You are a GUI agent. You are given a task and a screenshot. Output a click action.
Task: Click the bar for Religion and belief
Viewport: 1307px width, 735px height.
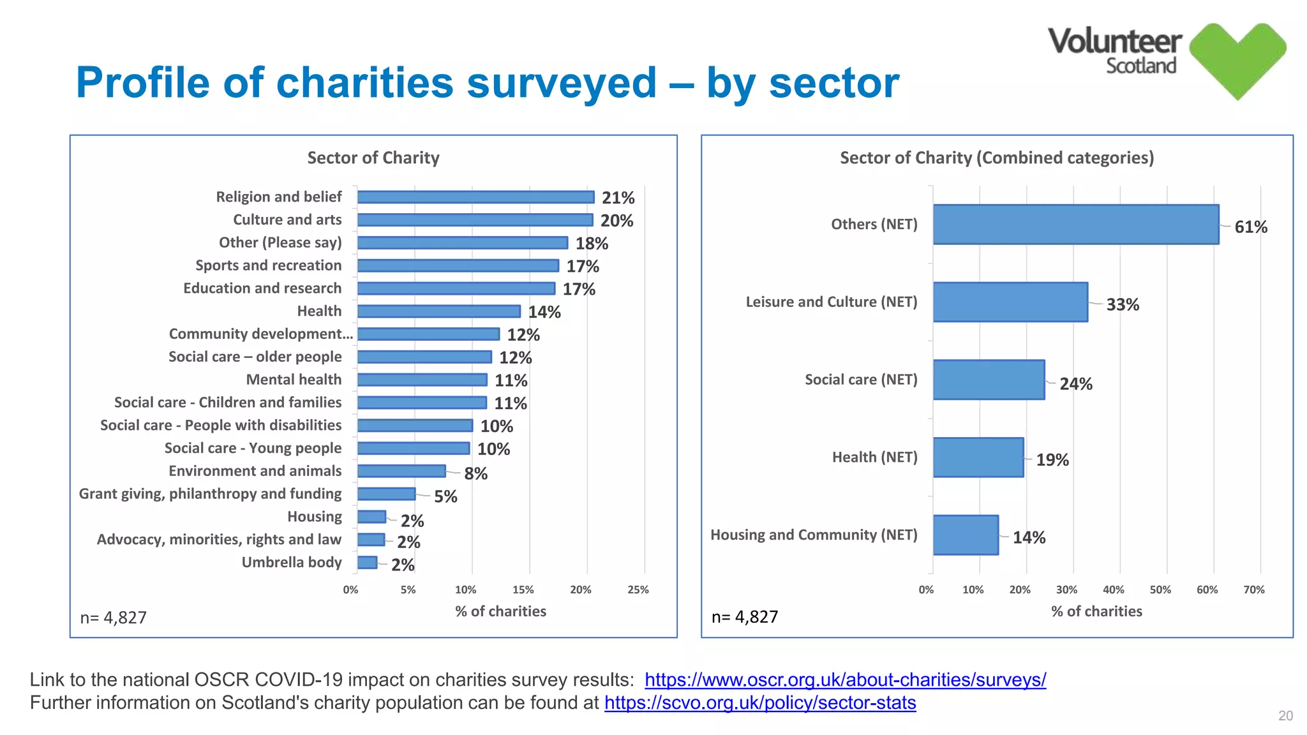[x=475, y=197]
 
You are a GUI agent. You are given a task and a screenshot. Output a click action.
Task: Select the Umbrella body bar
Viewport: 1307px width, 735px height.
[x=368, y=563]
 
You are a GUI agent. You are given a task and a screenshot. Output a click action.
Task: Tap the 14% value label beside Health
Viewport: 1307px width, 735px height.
[x=544, y=312]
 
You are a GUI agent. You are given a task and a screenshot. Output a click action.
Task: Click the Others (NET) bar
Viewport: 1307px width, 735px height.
[x=1075, y=225]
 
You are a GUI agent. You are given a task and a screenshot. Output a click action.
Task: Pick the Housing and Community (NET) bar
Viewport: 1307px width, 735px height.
[x=966, y=535]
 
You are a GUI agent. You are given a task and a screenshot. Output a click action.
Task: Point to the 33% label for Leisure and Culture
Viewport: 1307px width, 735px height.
[x=1123, y=305]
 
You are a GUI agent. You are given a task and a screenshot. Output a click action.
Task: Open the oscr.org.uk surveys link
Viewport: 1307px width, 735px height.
[x=845, y=680]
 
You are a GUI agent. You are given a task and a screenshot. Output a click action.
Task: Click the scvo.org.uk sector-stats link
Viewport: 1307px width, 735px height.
[x=760, y=703]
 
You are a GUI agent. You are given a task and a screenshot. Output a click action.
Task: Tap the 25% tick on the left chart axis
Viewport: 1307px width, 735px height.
[x=638, y=590]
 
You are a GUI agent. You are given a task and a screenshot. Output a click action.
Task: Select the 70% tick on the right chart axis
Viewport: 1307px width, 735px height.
[x=1254, y=590]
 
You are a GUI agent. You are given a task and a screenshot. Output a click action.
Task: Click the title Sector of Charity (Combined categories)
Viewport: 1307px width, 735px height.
[x=997, y=158]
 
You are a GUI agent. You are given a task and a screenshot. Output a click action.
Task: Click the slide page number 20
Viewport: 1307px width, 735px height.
[x=1285, y=716]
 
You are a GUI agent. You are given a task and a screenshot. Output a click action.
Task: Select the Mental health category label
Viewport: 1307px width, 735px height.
[x=294, y=380]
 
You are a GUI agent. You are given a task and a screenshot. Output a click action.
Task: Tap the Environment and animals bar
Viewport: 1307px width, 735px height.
[x=401, y=471]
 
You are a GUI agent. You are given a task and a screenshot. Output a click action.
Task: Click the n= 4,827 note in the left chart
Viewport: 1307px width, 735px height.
[x=114, y=618]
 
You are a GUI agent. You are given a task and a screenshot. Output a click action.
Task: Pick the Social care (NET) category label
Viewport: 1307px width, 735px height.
[x=861, y=380]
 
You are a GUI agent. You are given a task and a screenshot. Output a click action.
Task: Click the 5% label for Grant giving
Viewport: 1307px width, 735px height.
[x=445, y=497]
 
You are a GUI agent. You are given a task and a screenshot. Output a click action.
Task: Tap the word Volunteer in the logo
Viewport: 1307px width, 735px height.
[x=1114, y=42]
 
